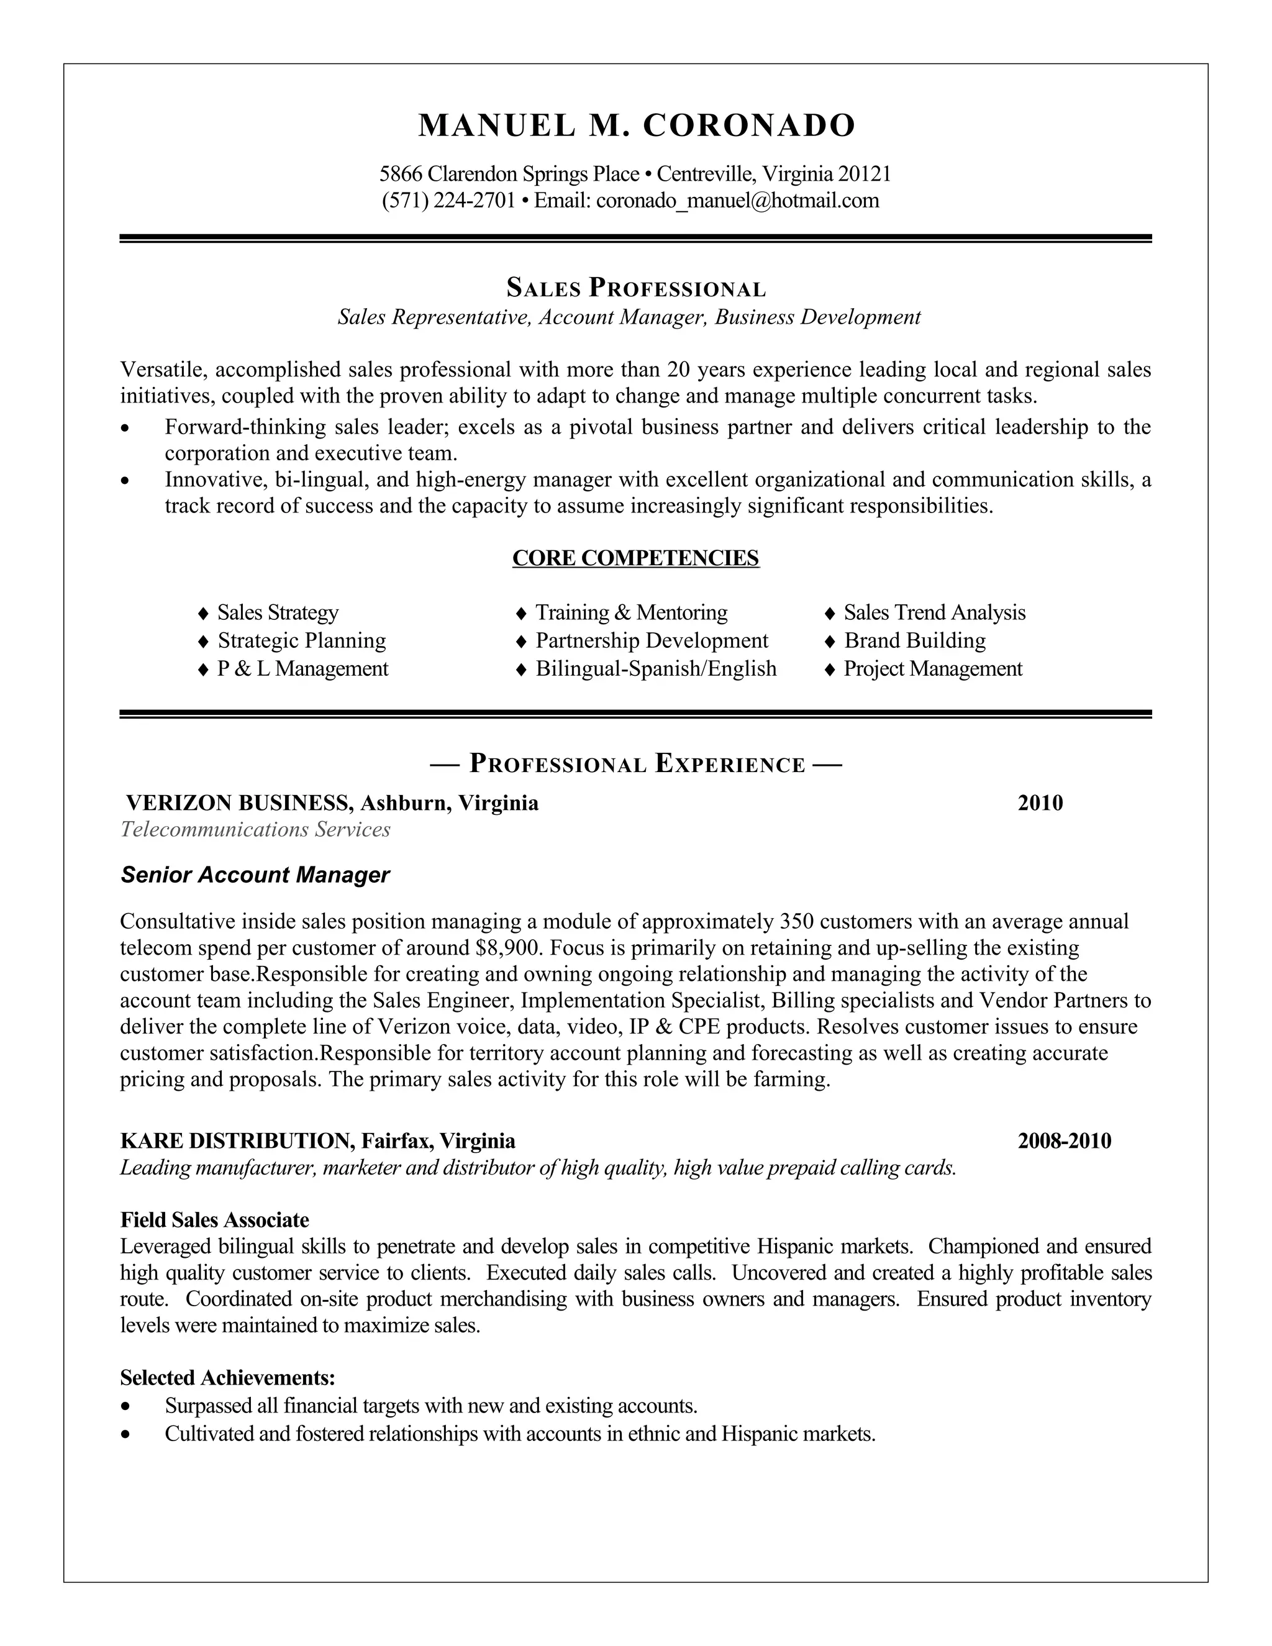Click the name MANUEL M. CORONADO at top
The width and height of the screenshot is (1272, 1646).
pos(636,125)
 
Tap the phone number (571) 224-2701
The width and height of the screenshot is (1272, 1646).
pos(448,201)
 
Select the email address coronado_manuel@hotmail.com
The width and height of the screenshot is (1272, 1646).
pos(737,201)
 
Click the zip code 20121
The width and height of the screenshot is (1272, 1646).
pos(865,174)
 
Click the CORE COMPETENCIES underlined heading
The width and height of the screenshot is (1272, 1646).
pos(635,558)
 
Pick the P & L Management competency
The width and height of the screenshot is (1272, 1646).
pos(302,668)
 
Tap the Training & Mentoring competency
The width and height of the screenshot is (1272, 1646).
pos(631,612)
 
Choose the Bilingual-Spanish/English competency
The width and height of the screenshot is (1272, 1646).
pos(656,668)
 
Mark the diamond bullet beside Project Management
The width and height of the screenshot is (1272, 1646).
pos(830,669)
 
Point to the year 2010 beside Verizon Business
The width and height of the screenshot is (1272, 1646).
pos(1040,803)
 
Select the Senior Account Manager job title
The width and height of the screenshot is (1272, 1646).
pos(255,875)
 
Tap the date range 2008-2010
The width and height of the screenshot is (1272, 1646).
pos(1064,1141)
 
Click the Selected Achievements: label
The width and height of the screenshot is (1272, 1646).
pos(227,1378)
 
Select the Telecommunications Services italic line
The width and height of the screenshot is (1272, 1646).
pos(255,830)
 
